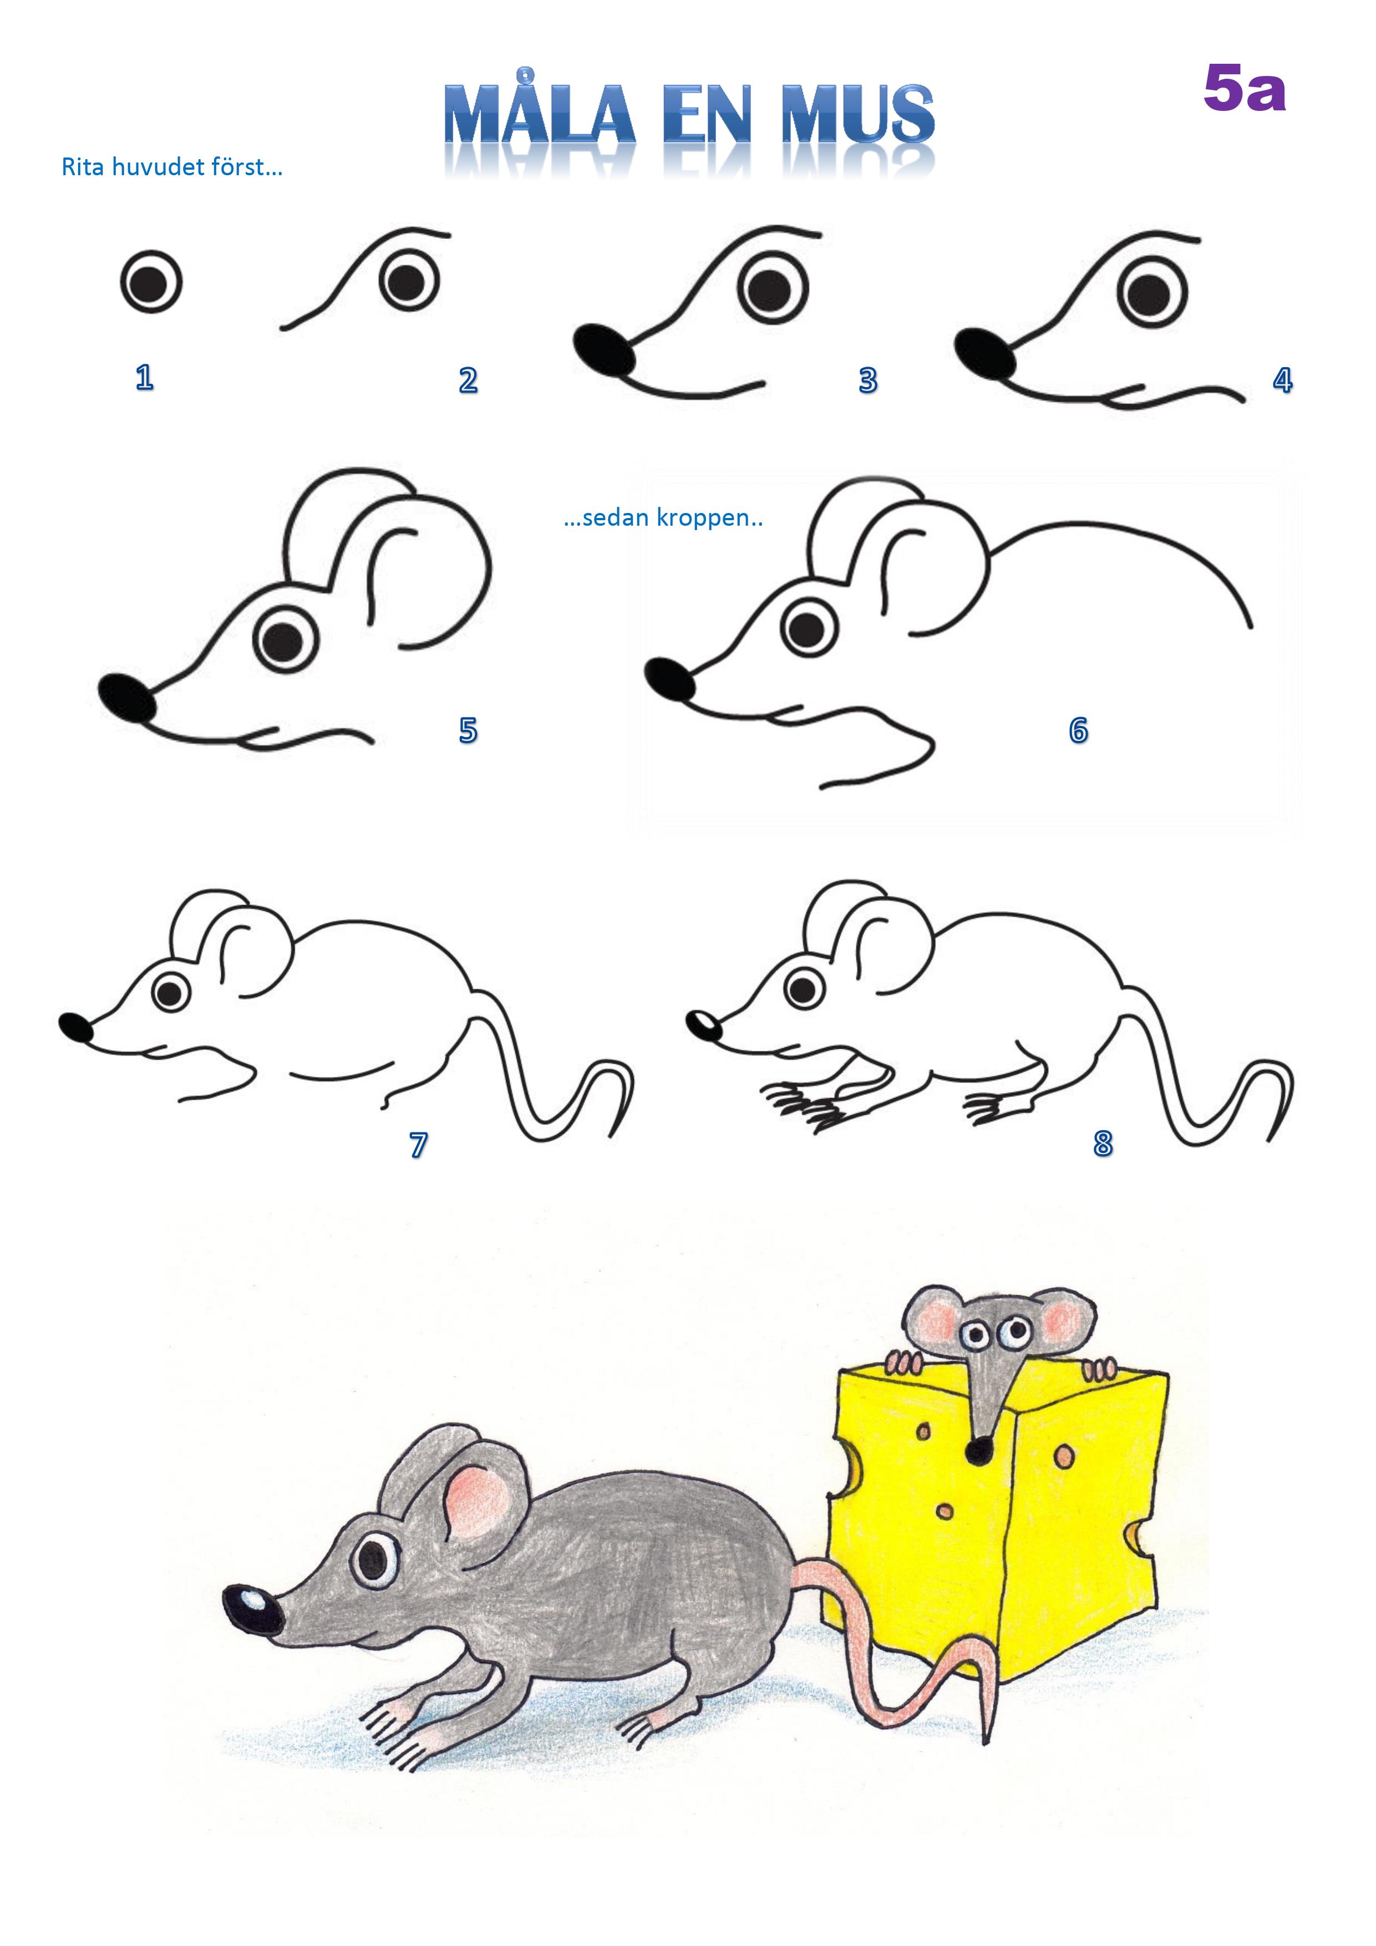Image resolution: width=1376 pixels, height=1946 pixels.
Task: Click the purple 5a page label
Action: pyautogui.click(x=1245, y=89)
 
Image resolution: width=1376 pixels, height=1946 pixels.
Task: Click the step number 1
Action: pyautogui.click(x=144, y=377)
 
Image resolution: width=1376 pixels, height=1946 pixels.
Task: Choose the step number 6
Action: pyautogui.click(x=1078, y=730)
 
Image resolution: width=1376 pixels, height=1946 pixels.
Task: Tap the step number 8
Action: pyautogui.click(x=1102, y=1144)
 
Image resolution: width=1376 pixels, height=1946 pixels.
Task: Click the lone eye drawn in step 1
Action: pyautogui.click(x=151, y=281)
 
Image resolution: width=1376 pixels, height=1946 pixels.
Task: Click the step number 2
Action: pyautogui.click(x=468, y=380)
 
